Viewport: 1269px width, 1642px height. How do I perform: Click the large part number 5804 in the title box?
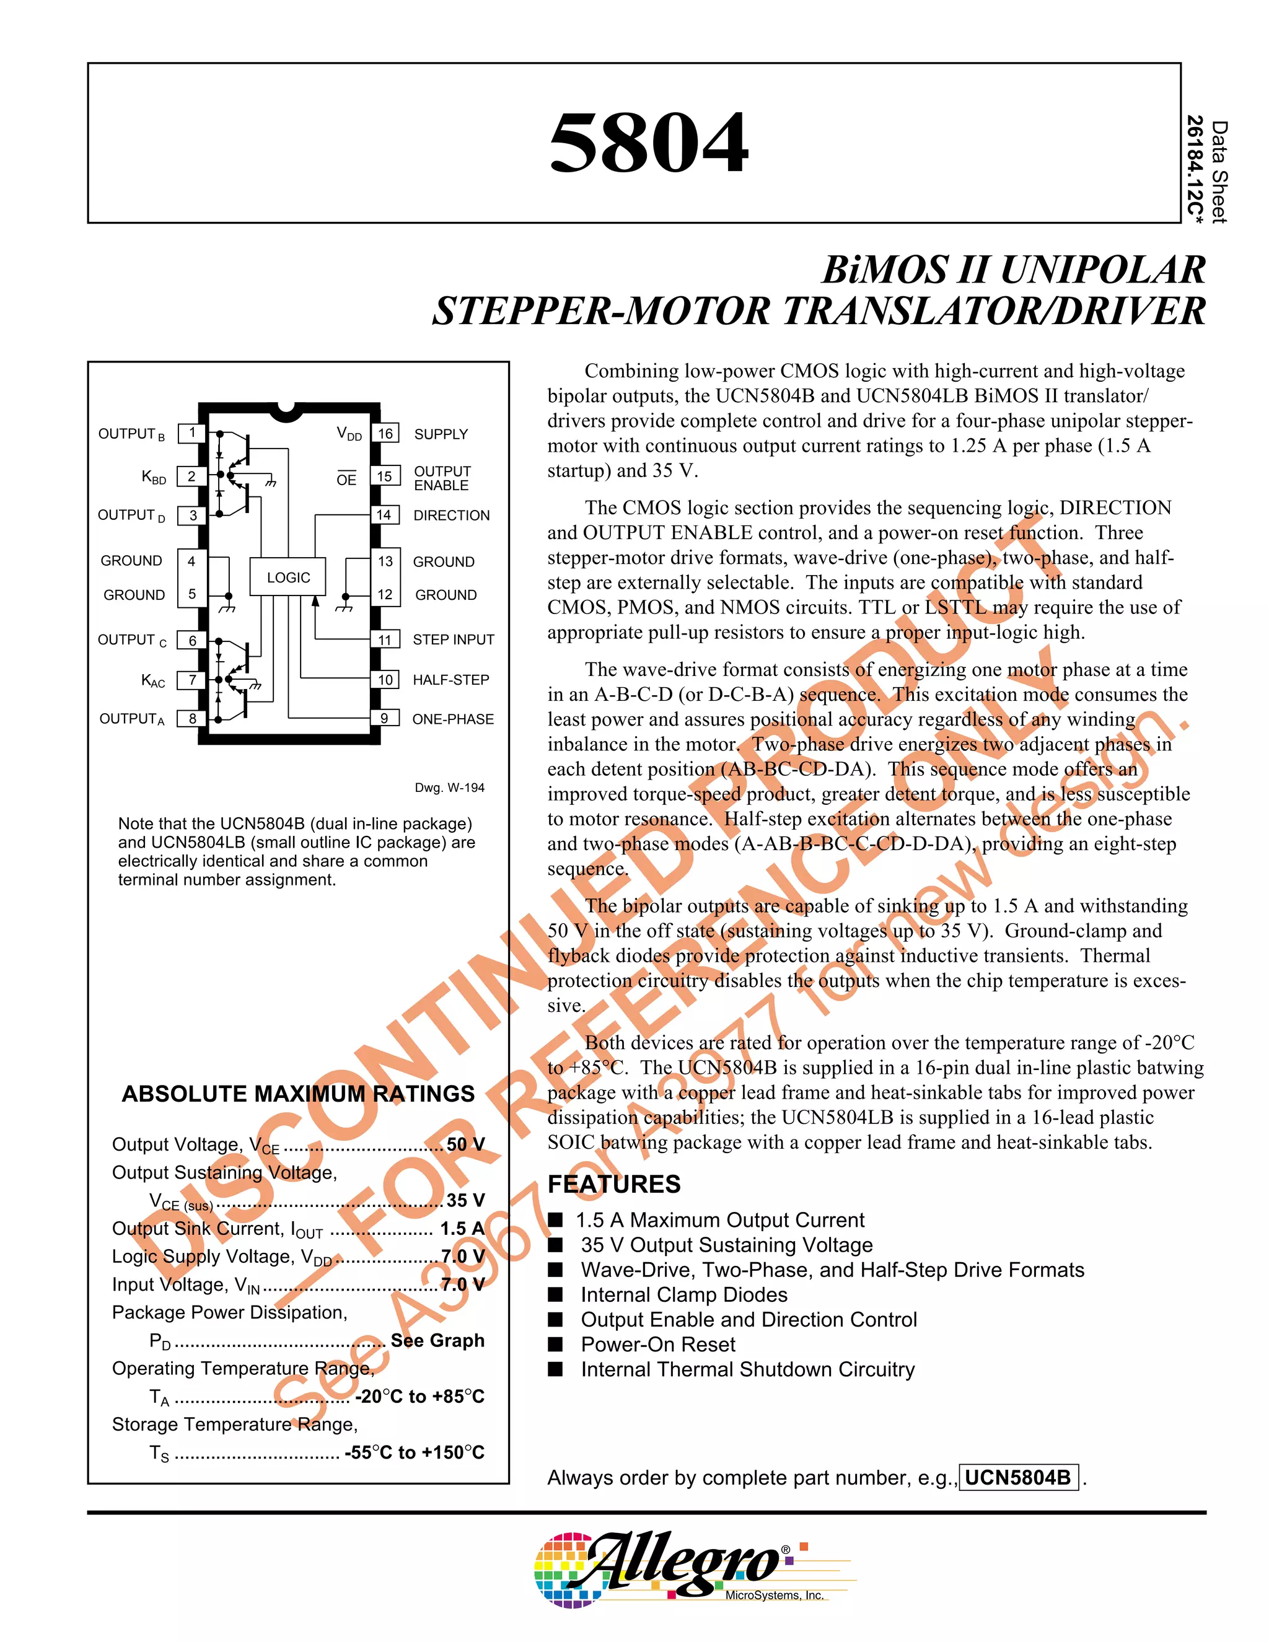648,143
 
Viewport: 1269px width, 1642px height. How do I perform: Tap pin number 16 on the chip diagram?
385,434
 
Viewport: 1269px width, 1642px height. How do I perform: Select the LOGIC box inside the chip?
288,577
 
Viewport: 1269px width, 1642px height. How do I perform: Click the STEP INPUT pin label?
454,640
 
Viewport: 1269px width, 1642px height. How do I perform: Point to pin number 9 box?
384,719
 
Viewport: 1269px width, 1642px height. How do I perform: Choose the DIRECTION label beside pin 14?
451,516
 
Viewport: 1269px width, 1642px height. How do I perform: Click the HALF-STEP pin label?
450,680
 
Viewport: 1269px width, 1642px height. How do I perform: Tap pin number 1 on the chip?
193,433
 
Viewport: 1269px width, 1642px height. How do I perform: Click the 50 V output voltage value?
465,1145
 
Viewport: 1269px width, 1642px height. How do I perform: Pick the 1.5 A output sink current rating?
462,1229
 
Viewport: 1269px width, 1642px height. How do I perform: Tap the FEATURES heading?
613,1184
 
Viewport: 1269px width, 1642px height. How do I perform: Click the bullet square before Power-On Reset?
556,1345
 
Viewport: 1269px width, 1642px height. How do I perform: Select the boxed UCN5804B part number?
1018,1477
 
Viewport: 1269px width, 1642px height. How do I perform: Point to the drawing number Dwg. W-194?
450,788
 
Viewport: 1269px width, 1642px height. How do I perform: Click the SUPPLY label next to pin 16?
441,434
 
